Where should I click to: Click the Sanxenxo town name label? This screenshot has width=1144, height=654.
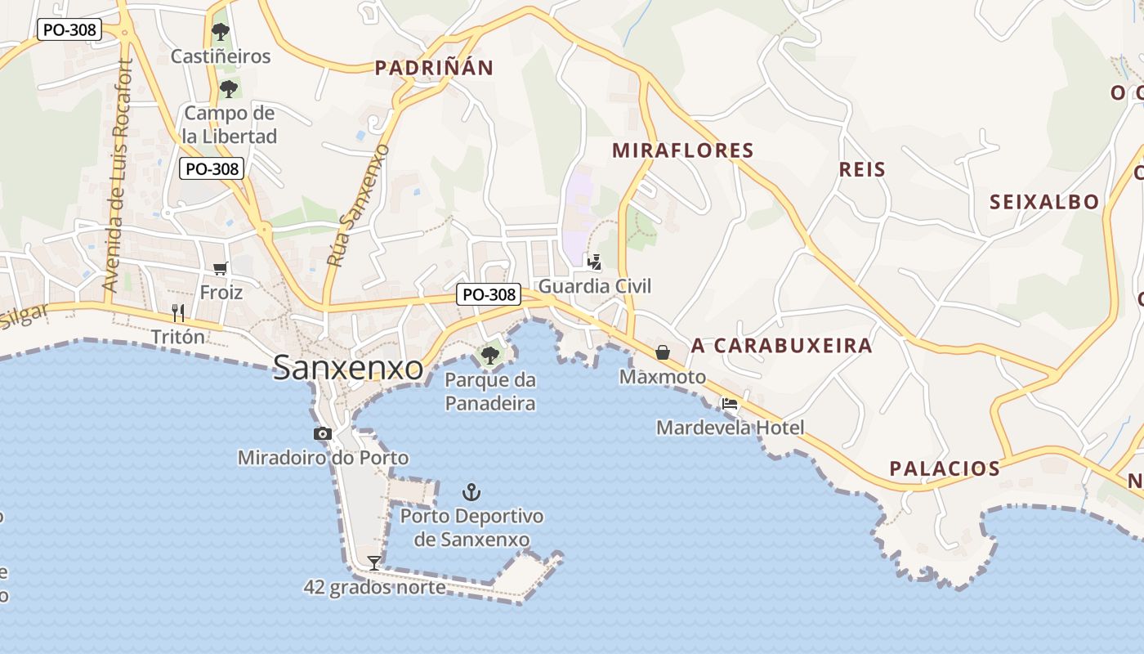tap(348, 368)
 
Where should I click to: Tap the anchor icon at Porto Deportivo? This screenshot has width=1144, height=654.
tap(471, 492)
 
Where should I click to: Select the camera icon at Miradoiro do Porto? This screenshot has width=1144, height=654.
tap(323, 434)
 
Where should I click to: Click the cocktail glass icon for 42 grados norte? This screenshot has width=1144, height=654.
tap(374, 562)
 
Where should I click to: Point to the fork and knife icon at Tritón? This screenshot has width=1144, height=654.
tap(178, 312)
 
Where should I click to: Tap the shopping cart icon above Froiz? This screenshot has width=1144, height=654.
tap(221, 268)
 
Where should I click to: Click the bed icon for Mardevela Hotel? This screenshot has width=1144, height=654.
tap(730, 404)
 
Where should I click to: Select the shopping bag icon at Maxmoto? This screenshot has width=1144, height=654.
tap(663, 352)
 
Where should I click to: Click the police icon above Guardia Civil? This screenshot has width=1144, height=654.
tap(595, 262)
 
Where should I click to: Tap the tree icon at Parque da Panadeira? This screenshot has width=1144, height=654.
tap(490, 355)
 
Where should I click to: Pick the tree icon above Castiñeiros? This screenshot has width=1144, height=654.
tap(220, 32)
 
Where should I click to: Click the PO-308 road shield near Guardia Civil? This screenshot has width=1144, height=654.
tap(489, 294)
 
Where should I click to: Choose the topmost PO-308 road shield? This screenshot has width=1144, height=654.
tap(69, 30)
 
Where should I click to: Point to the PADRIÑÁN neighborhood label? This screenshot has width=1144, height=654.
tap(434, 68)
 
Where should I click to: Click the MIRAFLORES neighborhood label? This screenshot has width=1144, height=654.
tap(682, 150)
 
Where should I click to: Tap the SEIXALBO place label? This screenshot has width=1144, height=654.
tap(1044, 203)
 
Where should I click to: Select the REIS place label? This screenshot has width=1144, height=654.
tap(862, 169)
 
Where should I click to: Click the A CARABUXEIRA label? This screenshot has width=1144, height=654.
tap(782, 346)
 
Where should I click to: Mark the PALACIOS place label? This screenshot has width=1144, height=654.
tap(945, 468)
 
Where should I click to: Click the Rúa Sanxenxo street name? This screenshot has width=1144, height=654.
tap(358, 205)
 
